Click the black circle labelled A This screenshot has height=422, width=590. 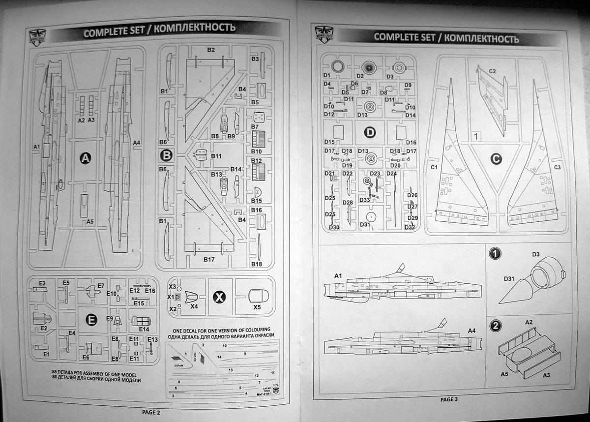coord(86,158)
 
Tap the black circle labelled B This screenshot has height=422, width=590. coord(167,156)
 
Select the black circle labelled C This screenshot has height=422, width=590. coord(496,159)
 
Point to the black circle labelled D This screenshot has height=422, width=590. coord(370,132)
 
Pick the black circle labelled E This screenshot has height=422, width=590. coord(91,320)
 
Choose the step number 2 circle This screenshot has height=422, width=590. coord(496,326)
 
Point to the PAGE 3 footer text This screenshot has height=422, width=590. coord(449,399)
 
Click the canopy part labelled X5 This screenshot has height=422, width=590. coord(259,297)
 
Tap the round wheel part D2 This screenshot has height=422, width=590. coord(369,67)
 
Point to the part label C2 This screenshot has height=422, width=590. coord(493,71)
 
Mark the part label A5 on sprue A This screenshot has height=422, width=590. coord(89,222)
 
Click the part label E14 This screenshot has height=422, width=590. coord(144,329)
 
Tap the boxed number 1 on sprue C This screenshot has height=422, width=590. coord(476,135)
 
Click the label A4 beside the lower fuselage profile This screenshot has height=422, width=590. coord(472,330)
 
